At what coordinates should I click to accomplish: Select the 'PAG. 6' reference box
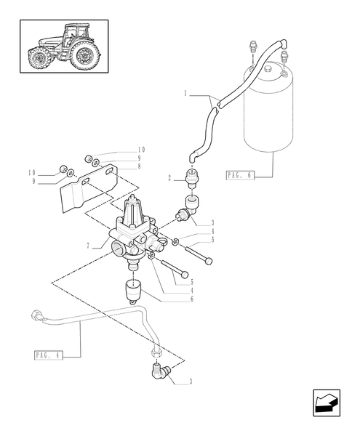click(x=239, y=175)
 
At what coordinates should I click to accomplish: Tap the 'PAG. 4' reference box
click(x=48, y=355)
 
